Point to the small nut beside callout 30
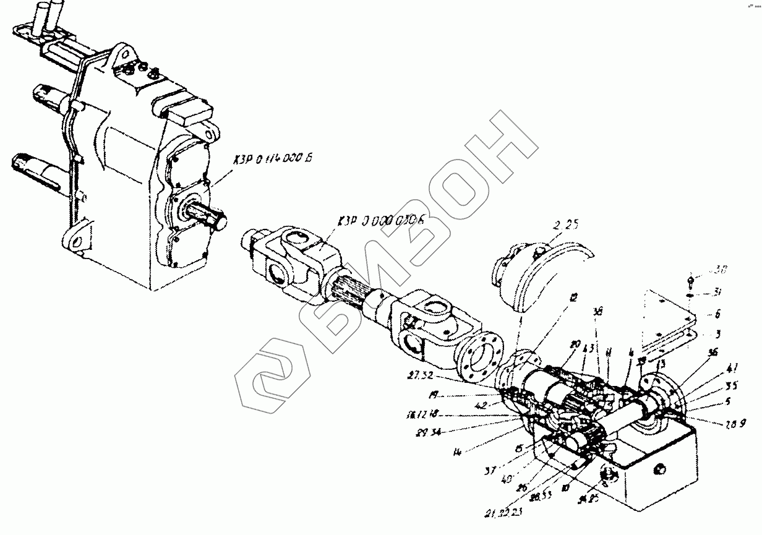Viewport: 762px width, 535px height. click(691, 281)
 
